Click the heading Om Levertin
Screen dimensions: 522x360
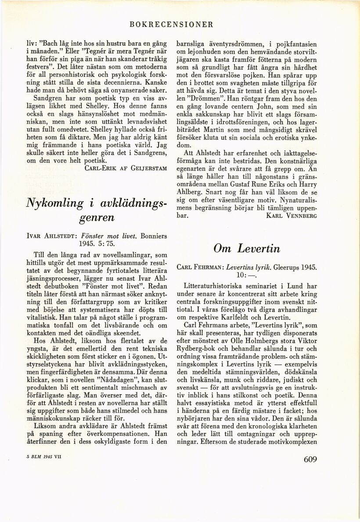pyautogui.click(x=246, y=248)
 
